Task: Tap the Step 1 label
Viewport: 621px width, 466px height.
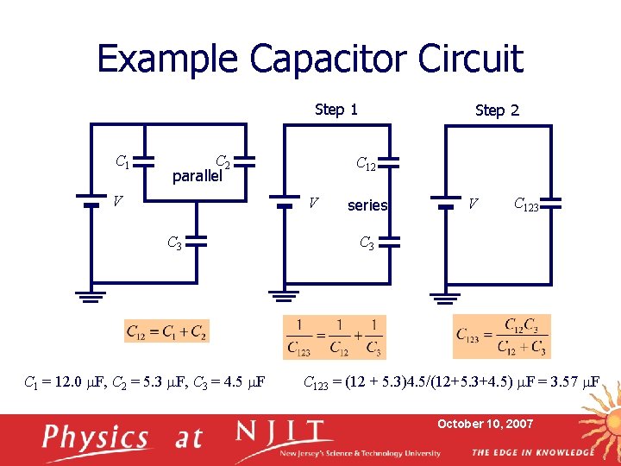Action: point(336,109)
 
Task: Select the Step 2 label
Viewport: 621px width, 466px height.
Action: point(497,110)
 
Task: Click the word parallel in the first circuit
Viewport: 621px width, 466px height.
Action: point(198,176)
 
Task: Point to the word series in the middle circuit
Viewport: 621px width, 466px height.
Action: point(367,205)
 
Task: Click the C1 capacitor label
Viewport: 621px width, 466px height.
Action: point(123,160)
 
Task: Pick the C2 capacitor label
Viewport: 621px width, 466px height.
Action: point(222,161)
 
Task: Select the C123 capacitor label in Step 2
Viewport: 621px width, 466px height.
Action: point(526,205)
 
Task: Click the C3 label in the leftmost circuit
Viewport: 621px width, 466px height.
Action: point(174,243)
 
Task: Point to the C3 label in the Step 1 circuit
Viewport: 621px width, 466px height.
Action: point(367,243)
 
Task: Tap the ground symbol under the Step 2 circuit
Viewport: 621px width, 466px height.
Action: point(445,299)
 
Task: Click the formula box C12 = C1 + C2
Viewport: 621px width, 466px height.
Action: point(167,331)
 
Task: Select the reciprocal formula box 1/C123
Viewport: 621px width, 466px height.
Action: point(335,337)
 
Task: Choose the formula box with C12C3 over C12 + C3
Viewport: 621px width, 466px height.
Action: point(501,337)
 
